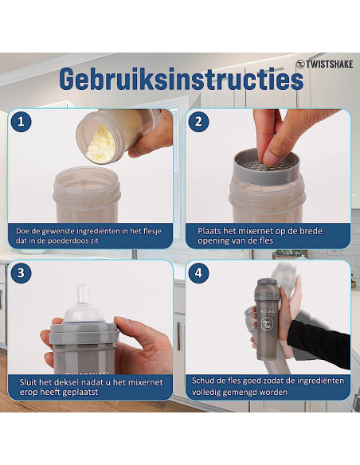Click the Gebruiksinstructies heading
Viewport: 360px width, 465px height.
[x=181, y=79]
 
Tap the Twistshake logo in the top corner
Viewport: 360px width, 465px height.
[x=324, y=64]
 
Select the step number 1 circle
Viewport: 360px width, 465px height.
[x=21, y=122]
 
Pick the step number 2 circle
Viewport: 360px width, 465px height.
[x=198, y=122]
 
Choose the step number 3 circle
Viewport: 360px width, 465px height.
[x=21, y=273]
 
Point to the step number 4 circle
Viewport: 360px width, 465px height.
[x=198, y=273]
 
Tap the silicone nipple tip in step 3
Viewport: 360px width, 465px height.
[x=84, y=293]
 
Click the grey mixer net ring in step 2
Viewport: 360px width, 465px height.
[x=267, y=167]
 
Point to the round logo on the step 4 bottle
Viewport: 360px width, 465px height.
[x=267, y=324]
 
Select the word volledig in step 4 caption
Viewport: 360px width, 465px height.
[x=205, y=393]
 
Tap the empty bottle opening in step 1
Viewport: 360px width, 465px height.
[x=87, y=178]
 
